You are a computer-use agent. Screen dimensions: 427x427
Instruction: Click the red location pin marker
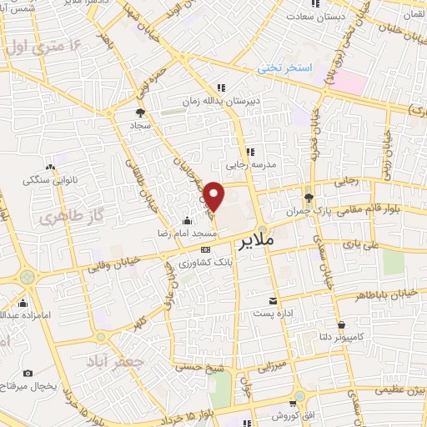click(x=215, y=196)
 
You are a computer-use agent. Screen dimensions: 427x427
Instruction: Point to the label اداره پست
click(x=273, y=314)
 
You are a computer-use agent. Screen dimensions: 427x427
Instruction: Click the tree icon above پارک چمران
click(x=309, y=198)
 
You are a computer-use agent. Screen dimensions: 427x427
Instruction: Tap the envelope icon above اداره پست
click(x=273, y=301)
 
